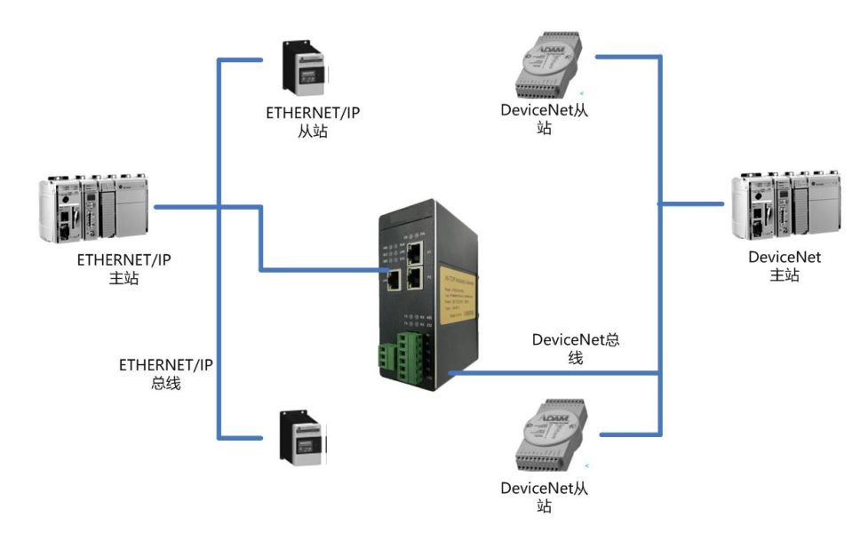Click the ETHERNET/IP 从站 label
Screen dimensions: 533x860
[313, 123]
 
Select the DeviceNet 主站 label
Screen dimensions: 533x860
[784, 266]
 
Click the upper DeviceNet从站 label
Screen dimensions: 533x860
[545, 119]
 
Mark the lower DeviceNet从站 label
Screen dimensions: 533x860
[545, 497]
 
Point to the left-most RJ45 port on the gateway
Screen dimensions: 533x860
[393, 280]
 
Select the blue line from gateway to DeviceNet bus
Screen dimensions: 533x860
[551, 372]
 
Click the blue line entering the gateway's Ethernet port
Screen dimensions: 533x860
[320, 269]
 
